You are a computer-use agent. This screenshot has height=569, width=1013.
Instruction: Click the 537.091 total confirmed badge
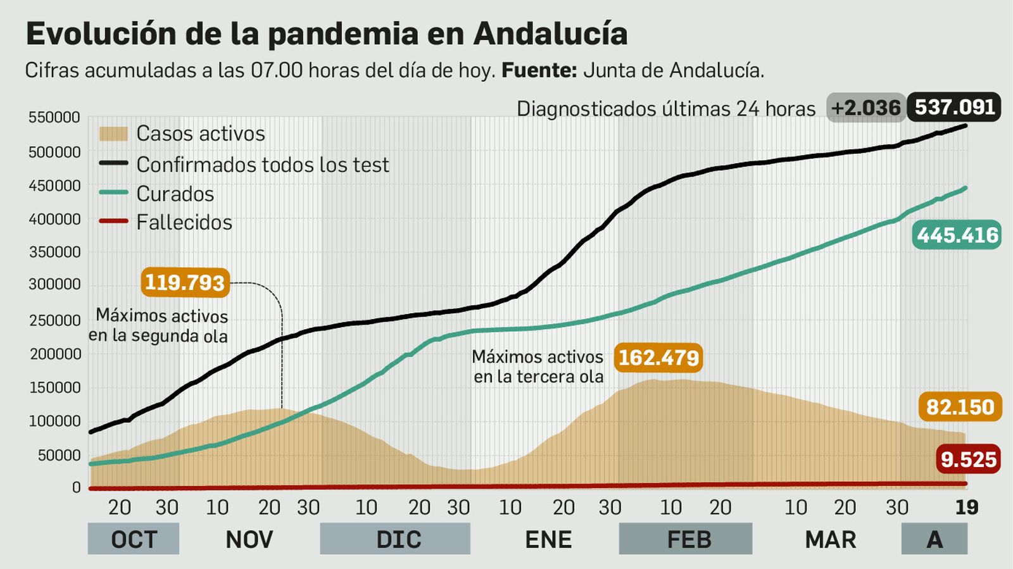[x=953, y=107]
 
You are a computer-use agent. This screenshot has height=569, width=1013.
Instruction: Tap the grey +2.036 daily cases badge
[x=865, y=108]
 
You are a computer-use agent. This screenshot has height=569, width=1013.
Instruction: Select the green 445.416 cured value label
[x=957, y=235]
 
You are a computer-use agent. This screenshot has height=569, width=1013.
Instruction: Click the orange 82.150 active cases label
[x=960, y=407]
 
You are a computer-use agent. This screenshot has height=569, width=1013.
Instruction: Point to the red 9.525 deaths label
[x=968, y=460]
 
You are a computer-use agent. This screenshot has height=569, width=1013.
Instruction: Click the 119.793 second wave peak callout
[x=185, y=282]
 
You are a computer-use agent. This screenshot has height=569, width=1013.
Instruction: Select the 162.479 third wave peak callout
[x=658, y=358]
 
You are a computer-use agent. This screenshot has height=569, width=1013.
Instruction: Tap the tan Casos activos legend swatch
[x=113, y=134]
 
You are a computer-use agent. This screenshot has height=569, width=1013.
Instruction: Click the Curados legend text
[x=175, y=194]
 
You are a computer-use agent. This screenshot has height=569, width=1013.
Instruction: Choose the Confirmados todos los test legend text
[x=262, y=165]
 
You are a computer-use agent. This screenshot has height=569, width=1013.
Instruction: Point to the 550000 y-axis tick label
[x=54, y=118]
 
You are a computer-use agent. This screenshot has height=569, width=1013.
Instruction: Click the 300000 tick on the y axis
[x=54, y=285]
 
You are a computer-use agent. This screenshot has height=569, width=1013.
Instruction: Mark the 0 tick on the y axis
[x=76, y=487]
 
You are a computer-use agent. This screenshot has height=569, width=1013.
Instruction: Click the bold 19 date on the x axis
[x=966, y=508]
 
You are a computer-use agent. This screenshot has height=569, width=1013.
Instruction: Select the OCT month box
[x=134, y=539]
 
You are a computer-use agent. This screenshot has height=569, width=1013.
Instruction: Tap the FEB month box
[x=688, y=539]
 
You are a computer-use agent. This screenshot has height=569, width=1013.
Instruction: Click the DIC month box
[x=398, y=539]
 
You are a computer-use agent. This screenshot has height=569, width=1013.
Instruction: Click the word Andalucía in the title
[x=550, y=34]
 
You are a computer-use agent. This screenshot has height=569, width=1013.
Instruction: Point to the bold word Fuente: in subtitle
[x=539, y=70]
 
